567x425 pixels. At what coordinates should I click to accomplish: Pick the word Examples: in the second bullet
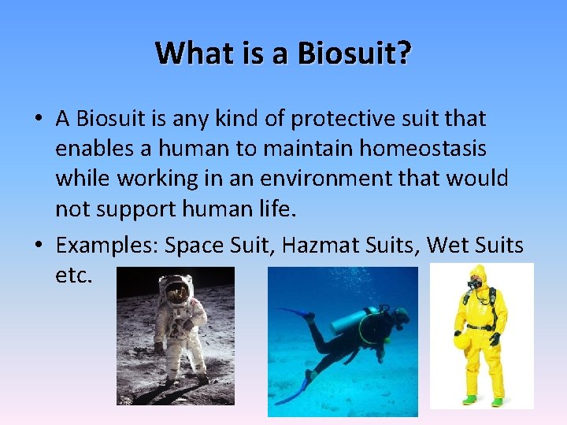point(106,246)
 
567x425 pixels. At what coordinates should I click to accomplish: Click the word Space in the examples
point(192,246)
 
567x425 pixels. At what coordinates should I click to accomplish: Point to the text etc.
point(74,275)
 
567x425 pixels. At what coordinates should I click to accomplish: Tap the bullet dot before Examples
point(38,246)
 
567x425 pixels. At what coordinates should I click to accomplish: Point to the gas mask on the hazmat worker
point(475,283)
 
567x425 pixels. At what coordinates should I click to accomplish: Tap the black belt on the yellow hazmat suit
point(480,326)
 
